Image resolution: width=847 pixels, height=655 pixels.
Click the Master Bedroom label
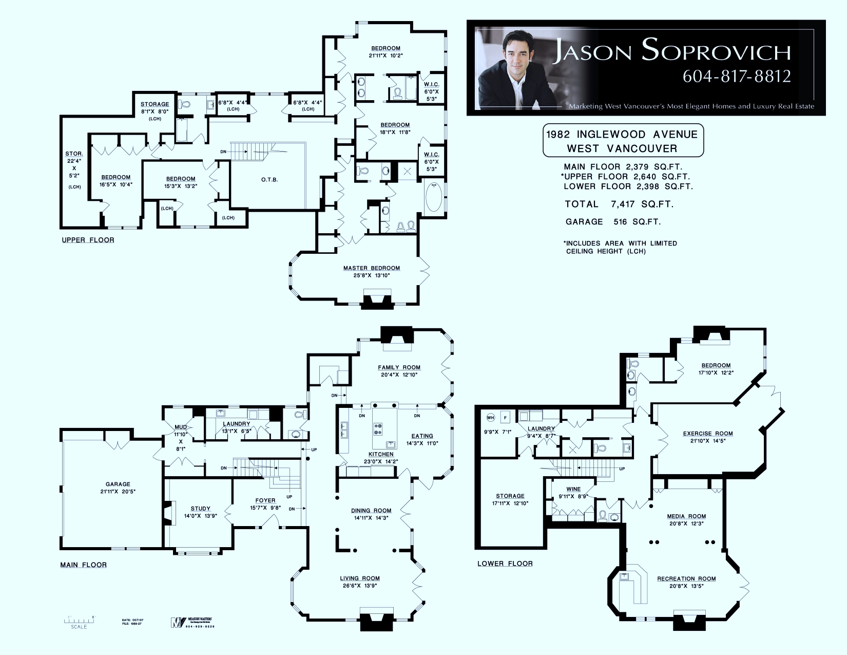[371, 268]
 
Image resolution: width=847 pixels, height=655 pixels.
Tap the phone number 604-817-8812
[736, 76]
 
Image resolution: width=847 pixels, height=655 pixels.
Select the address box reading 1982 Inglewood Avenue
[622, 141]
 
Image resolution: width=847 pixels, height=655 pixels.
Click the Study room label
[200, 509]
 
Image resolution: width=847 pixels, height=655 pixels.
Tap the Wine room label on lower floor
[573, 489]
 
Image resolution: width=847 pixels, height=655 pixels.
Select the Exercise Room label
[707, 434]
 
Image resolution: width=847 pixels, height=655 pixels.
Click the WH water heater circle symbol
[490, 417]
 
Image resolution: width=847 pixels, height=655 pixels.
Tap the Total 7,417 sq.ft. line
[619, 204]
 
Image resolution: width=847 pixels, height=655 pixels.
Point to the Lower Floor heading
[505, 564]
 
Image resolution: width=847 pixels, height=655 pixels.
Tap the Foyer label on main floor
[265, 500]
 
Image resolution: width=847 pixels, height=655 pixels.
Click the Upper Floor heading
[88, 240]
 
